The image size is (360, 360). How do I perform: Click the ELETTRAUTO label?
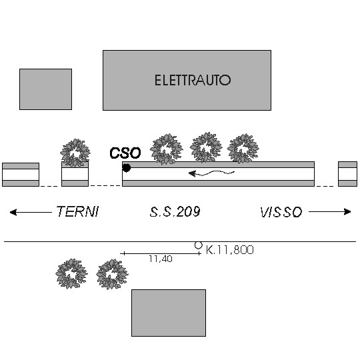193,80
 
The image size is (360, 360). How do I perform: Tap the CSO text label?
125,153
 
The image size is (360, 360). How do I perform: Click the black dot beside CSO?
127,168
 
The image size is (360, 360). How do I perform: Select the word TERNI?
77,211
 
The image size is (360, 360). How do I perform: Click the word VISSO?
281,212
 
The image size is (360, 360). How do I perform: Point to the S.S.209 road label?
175,212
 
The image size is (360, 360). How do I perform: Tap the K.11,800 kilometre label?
229,250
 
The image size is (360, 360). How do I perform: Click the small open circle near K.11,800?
199,245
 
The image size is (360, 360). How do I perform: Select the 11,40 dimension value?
161,259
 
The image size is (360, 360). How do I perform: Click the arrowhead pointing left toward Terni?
13,212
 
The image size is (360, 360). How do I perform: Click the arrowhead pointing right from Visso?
347,211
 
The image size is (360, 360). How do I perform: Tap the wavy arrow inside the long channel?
211,173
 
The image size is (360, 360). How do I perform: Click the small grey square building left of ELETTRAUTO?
46,89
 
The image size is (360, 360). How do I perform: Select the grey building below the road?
169,313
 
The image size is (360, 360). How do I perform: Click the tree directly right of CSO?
167,149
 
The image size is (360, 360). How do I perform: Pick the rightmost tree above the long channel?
243,148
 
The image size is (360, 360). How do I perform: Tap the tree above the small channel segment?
75,153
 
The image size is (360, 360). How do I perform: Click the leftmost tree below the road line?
71,274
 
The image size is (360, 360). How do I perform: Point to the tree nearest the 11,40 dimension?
112,274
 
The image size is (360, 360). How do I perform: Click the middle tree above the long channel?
206,147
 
